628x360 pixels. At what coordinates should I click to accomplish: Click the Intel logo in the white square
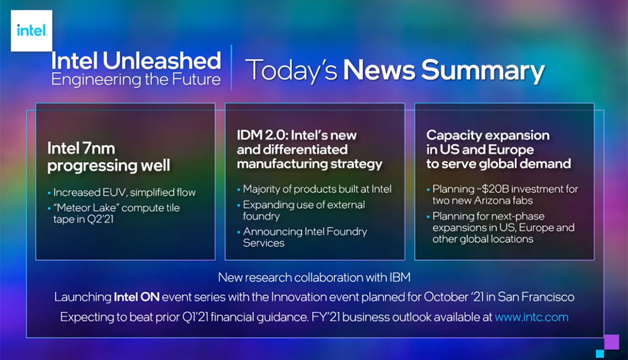pyautogui.click(x=31, y=30)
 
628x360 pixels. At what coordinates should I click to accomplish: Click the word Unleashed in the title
pyautogui.click(x=161, y=60)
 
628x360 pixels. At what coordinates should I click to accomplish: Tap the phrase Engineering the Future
pyautogui.click(x=136, y=79)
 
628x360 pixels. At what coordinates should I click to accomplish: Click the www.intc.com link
pyautogui.click(x=531, y=317)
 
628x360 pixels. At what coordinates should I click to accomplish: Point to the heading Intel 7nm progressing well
pyautogui.click(x=109, y=156)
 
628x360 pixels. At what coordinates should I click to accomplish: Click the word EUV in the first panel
pyautogui.click(x=114, y=192)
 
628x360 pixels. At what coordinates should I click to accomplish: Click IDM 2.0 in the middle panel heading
pyautogui.click(x=261, y=135)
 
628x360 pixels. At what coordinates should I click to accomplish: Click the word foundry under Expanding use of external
pyautogui.click(x=261, y=217)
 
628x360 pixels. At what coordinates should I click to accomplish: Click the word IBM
pyautogui.click(x=399, y=278)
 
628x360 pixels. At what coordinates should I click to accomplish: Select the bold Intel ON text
pyautogui.click(x=136, y=297)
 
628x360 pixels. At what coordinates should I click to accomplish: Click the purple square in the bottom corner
pyautogui.click(x=612, y=342)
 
